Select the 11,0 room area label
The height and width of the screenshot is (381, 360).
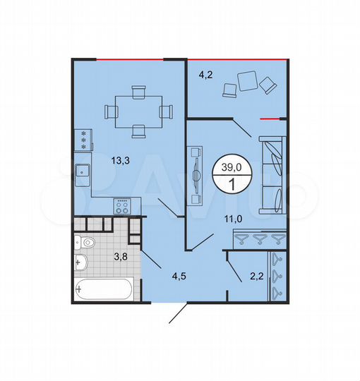[x=234, y=219]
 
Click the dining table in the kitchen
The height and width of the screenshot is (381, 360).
[x=138, y=111]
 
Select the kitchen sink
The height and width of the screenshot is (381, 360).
[x=82, y=169]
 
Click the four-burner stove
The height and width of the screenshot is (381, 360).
[x=123, y=207]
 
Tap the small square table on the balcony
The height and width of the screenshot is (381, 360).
[x=248, y=80]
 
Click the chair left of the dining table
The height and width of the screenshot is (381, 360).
[x=112, y=111]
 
